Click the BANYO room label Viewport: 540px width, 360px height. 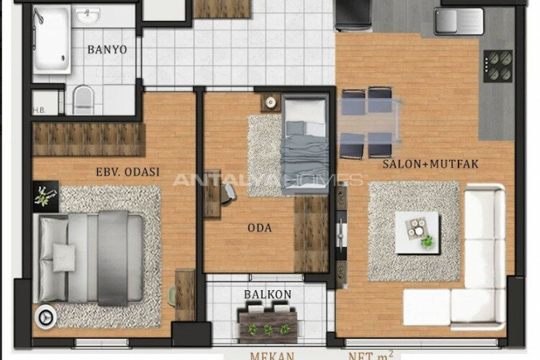click(x=107, y=50)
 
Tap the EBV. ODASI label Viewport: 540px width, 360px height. click(x=127, y=172)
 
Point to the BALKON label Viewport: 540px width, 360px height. click(x=267, y=294)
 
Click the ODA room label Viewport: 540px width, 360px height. click(x=259, y=228)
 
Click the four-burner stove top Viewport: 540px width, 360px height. click(x=498, y=66)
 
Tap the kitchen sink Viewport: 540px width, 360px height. click(x=459, y=22)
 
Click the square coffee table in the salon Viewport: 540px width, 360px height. click(x=417, y=233)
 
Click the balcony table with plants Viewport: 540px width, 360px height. click(x=267, y=322)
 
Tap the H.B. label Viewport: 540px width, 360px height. click(x=39, y=111)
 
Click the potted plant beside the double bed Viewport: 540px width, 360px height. click(x=44, y=196)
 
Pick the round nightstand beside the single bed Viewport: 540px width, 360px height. click(x=271, y=103)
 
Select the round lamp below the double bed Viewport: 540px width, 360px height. click(x=45, y=314)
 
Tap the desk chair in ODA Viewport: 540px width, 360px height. click(x=228, y=191)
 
